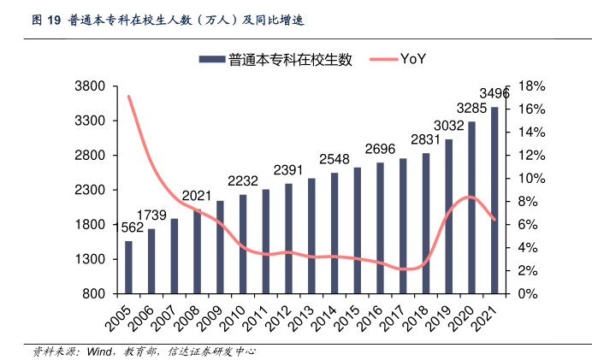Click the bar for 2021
click(x=494, y=200)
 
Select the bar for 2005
click(x=128, y=267)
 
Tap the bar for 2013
click(x=311, y=235)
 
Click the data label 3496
click(x=494, y=93)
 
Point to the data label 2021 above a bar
click(x=197, y=195)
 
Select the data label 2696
click(x=380, y=149)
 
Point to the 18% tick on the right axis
click(x=531, y=86)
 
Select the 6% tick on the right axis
click(x=528, y=225)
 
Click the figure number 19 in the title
click(x=53, y=19)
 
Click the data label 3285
click(x=471, y=109)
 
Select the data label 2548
click(x=334, y=159)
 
